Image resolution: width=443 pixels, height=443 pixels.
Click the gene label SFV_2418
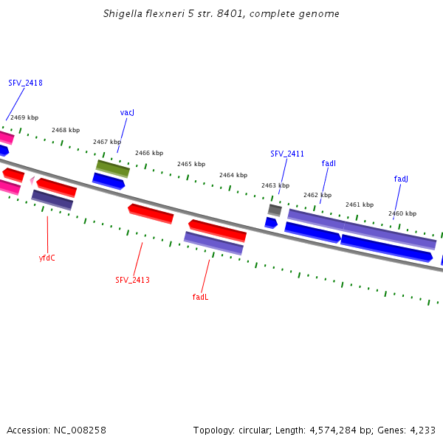[25, 83]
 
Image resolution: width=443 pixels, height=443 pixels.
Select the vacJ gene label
[127, 112]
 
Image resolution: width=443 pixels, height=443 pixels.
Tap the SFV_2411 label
[287, 154]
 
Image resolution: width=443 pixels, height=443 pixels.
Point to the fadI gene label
[329, 163]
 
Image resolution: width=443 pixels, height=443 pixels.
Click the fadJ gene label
[401, 179]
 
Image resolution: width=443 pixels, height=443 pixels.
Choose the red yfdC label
[47, 258]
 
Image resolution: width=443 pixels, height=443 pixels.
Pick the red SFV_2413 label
[132, 280]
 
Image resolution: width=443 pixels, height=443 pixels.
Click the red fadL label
[200, 297]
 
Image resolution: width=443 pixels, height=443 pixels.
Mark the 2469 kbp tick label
[24, 117]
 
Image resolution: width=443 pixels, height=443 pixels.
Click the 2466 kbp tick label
[149, 153]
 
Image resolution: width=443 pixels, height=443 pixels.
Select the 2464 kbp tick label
[233, 175]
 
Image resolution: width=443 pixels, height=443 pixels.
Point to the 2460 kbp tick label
[402, 213]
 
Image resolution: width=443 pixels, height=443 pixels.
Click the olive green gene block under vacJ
[113, 168]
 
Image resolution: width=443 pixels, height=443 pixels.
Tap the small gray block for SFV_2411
[275, 210]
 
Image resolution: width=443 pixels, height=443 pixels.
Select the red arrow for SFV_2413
[151, 213]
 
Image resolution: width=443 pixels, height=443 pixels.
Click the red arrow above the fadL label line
[217, 230]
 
